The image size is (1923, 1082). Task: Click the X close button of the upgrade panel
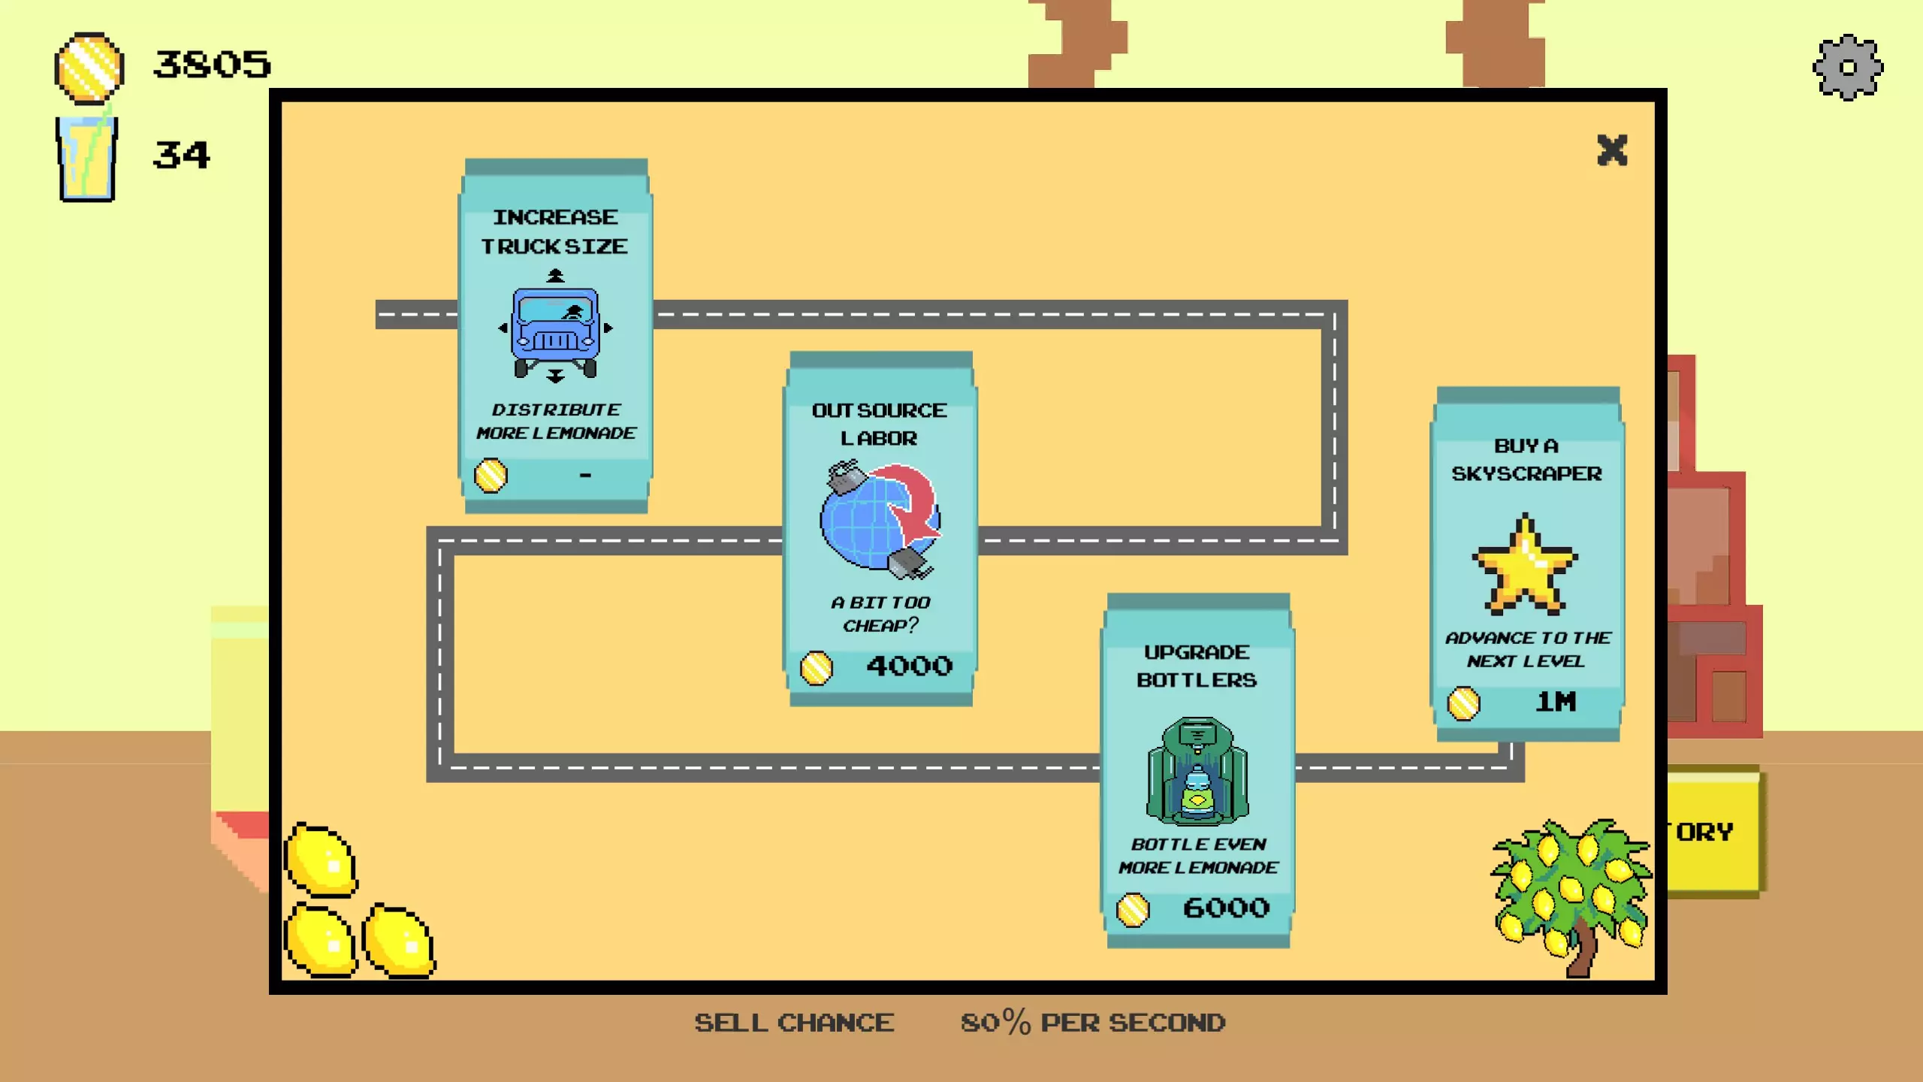click(1612, 150)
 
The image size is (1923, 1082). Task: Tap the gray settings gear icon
click(1848, 68)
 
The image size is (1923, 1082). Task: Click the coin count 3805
click(212, 65)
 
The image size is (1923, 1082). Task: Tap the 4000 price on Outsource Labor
click(909, 666)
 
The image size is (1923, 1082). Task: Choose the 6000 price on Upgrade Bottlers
click(1226, 908)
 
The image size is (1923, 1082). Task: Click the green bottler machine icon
click(1197, 771)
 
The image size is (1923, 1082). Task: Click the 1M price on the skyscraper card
click(1555, 703)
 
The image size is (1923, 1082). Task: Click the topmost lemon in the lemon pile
click(322, 861)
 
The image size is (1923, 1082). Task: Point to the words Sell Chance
click(794, 1023)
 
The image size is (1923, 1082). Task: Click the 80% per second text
click(1093, 1023)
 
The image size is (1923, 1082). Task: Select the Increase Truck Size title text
click(555, 231)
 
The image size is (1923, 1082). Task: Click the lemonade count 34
click(181, 156)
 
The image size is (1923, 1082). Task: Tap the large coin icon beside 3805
click(89, 68)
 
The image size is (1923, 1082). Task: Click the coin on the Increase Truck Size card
click(491, 476)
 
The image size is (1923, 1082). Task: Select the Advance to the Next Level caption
click(1527, 649)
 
